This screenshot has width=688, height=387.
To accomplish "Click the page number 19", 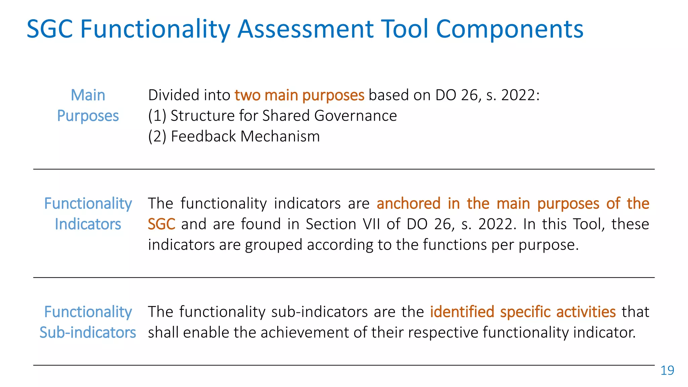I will (x=667, y=370).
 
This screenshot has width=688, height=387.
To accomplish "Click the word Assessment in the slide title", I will (x=305, y=29).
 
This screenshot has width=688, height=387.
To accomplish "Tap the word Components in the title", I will (x=510, y=29).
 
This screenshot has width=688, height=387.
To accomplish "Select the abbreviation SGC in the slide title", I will (x=50, y=29).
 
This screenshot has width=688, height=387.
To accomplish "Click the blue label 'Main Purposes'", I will (x=88, y=105).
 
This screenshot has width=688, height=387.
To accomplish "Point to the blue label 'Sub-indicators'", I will (x=88, y=333).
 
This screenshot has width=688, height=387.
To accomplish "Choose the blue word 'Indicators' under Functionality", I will (x=88, y=224).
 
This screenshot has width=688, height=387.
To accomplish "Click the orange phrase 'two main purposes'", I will (x=299, y=95).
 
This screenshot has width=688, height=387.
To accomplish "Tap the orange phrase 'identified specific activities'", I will (x=523, y=312).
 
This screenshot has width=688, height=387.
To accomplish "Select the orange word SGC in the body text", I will (x=161, y=224).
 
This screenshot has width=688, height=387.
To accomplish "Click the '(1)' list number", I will (x=157, y=116).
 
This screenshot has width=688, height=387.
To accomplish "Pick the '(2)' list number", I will (x=157, y=137).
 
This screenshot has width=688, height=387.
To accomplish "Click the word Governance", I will (x=355, y=116).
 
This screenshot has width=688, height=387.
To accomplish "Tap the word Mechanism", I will (x=280, y=137).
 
